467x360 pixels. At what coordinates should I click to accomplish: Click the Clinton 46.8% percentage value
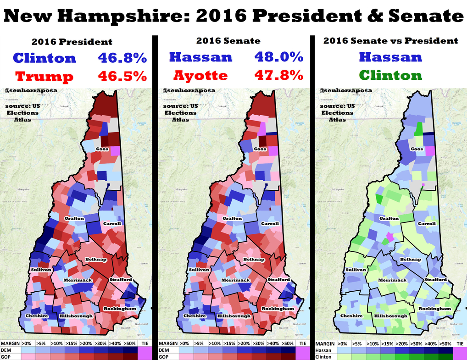click(122, 58)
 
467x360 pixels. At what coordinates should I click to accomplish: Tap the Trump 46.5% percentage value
click(122, 76)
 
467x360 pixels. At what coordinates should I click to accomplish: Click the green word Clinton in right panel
click(390, 75)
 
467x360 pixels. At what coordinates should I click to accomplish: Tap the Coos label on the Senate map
click(260, 149)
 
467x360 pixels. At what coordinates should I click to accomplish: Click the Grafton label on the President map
click(74, 218)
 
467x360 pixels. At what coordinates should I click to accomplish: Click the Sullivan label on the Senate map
click(198, 270)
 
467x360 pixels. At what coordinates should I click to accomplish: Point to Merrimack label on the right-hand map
click(392, 280)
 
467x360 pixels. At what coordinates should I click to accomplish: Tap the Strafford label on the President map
click(121, 279)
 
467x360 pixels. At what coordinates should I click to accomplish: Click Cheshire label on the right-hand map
click(351, 316)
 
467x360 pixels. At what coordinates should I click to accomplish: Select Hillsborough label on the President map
click(76, 316)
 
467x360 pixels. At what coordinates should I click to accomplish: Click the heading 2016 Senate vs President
click(390, 41)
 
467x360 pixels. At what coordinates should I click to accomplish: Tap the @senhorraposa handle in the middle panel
click(182, 91)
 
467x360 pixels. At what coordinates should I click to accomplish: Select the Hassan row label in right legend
click(324, 350)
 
